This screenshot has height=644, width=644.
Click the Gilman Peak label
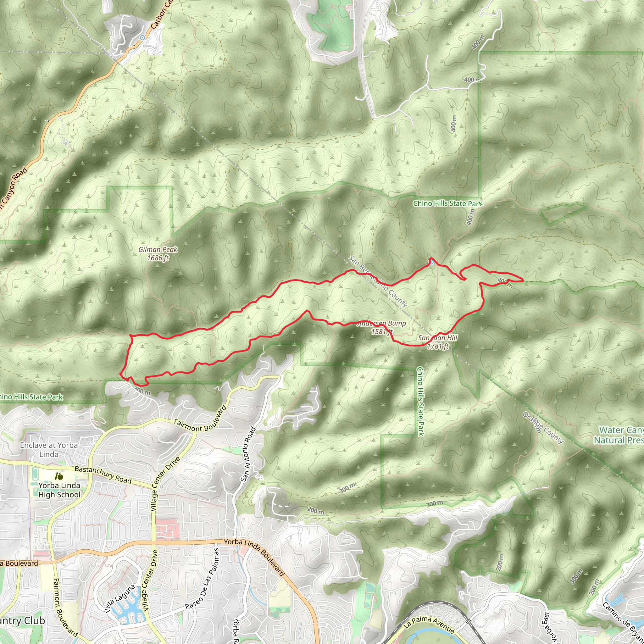click(158, 254)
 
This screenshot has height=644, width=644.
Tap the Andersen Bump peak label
click(382, 327)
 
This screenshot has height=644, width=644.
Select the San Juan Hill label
click(438, 342)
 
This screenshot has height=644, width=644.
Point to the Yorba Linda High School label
click(59, 490)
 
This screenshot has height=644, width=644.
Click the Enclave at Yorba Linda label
click(49, 450)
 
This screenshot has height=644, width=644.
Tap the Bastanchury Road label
click(103, 474)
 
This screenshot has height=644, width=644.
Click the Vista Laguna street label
click(120, 599)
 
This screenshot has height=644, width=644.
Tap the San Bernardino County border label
click(378, 281)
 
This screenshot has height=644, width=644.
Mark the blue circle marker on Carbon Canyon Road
click(142, 38)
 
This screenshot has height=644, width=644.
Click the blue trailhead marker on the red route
click(431, 262)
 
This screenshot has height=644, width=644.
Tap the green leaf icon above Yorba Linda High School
click(59, 476)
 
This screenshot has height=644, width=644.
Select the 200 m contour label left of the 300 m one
click(315, 510)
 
